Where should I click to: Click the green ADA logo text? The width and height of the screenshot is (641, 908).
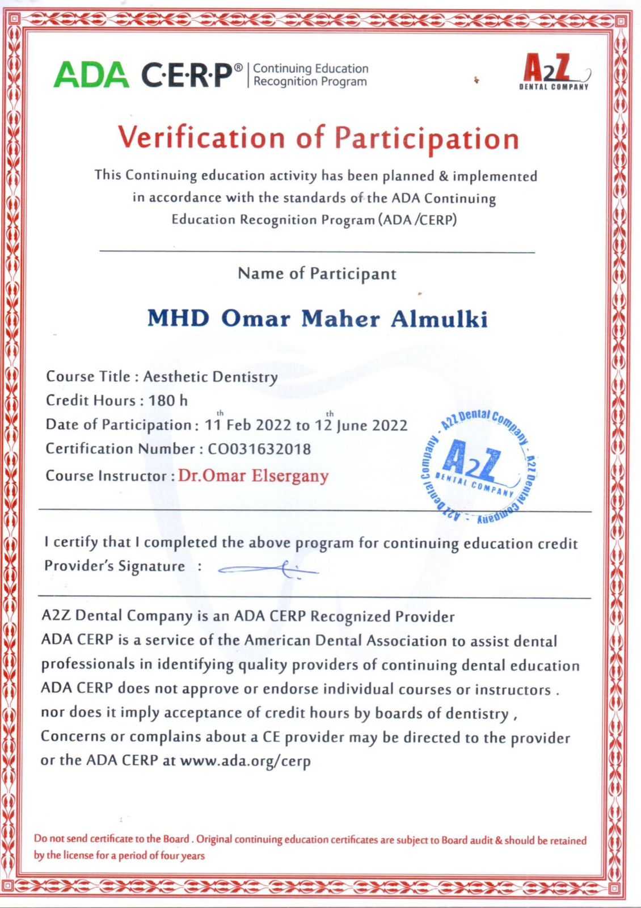coord(91,74)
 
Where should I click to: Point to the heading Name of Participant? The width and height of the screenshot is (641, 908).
coord(317,274)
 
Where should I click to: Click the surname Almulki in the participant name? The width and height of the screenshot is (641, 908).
coord(440,319)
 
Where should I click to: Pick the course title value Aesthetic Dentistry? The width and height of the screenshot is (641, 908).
coord(210,376)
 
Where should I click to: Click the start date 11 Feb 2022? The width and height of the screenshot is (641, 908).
coord(248,425)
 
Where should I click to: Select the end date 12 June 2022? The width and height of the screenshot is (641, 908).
coord(365,425)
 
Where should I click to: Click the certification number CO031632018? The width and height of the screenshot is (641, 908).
coord(259,449)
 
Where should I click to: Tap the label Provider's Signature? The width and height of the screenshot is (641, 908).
coord(115,566)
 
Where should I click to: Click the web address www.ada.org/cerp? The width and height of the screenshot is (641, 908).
coord(245,761)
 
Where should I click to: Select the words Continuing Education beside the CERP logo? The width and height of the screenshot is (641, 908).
coord(311,69)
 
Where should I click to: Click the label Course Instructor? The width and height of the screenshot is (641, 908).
coord(106,476)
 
